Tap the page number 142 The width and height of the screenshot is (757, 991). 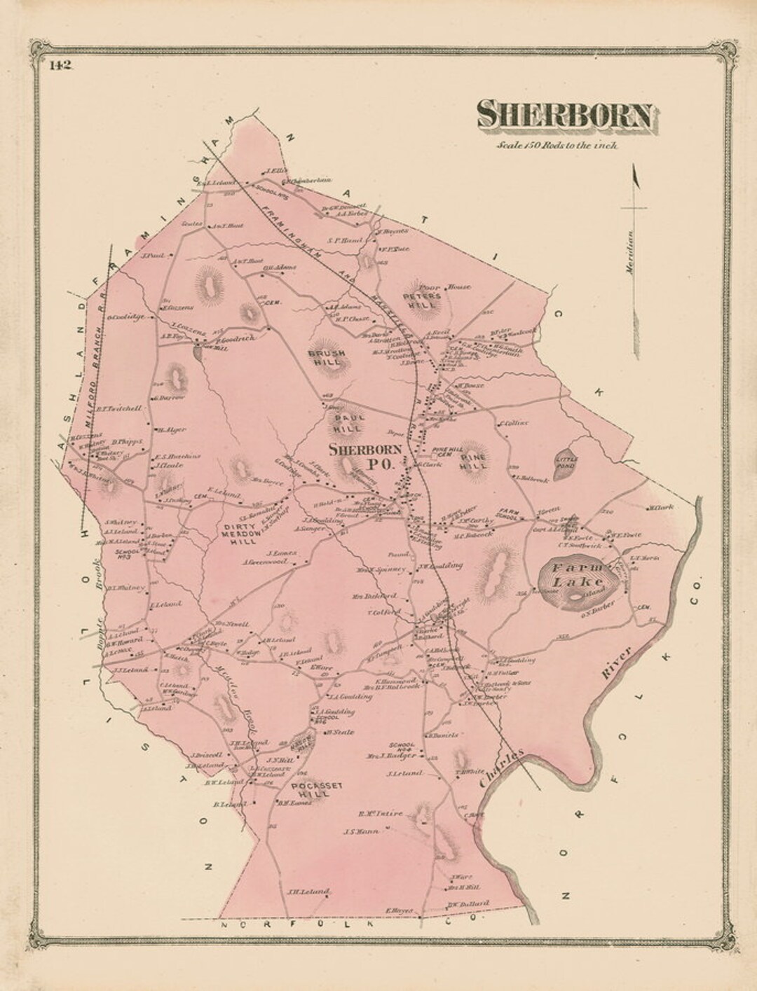tap(62, 66)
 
